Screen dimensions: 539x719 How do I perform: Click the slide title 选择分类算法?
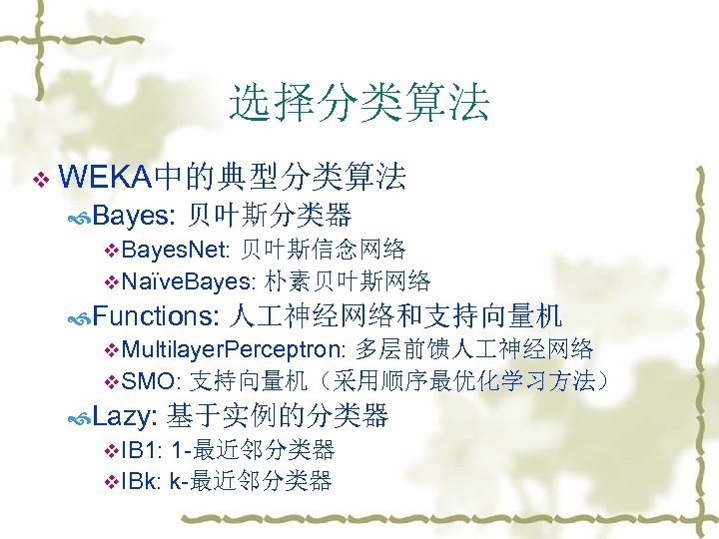(x=359, y=103)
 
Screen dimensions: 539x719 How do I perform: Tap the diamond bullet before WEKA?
(x=40, y=180)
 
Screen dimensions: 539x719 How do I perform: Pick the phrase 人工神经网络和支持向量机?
(x=395, y=316)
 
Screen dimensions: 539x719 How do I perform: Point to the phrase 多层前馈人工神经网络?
(x=474, y=349)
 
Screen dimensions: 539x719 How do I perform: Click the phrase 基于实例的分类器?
(x=278, y=416)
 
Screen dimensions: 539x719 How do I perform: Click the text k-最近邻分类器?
(x=251, y=481)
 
